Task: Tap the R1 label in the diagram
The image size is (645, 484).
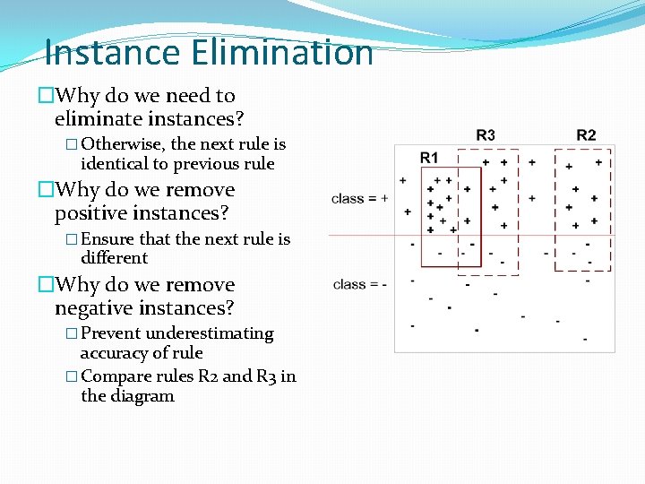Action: click(x=429, y=158)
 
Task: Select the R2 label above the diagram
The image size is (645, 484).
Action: click(x=586, y=134)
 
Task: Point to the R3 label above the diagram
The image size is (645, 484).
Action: click(x=485, y=134)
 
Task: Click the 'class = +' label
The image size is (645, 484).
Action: click(x=359, y=198)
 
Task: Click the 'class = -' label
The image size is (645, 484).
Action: click(x=359, y=284)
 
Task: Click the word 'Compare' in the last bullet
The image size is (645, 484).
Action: click(x=116, y=376)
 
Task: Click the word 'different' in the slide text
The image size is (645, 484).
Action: click(x=115, y=258)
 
